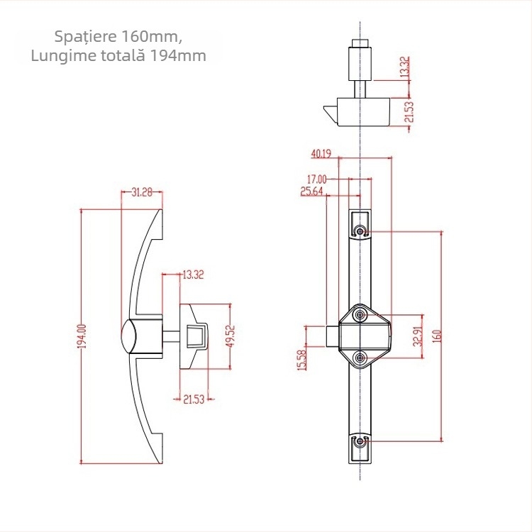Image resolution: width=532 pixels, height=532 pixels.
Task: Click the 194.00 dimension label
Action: click(82, 336)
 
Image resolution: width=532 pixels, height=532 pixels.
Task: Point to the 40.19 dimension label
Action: click(321, 153)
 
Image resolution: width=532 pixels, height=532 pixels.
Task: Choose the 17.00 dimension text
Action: click(316, 179)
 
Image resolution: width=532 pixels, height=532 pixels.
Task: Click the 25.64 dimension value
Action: click(312, 192)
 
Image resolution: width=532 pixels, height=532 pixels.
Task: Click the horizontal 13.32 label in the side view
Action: click(193, 275)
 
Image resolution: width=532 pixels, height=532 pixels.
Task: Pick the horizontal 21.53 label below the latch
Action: click(193, 400)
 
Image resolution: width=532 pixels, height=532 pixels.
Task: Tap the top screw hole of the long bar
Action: click(361, 231)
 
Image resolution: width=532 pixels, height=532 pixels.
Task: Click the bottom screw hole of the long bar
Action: click(361, 442)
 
